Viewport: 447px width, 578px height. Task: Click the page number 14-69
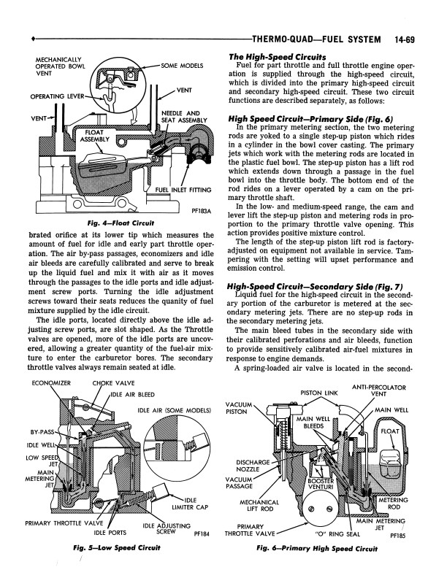pos(416,37)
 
